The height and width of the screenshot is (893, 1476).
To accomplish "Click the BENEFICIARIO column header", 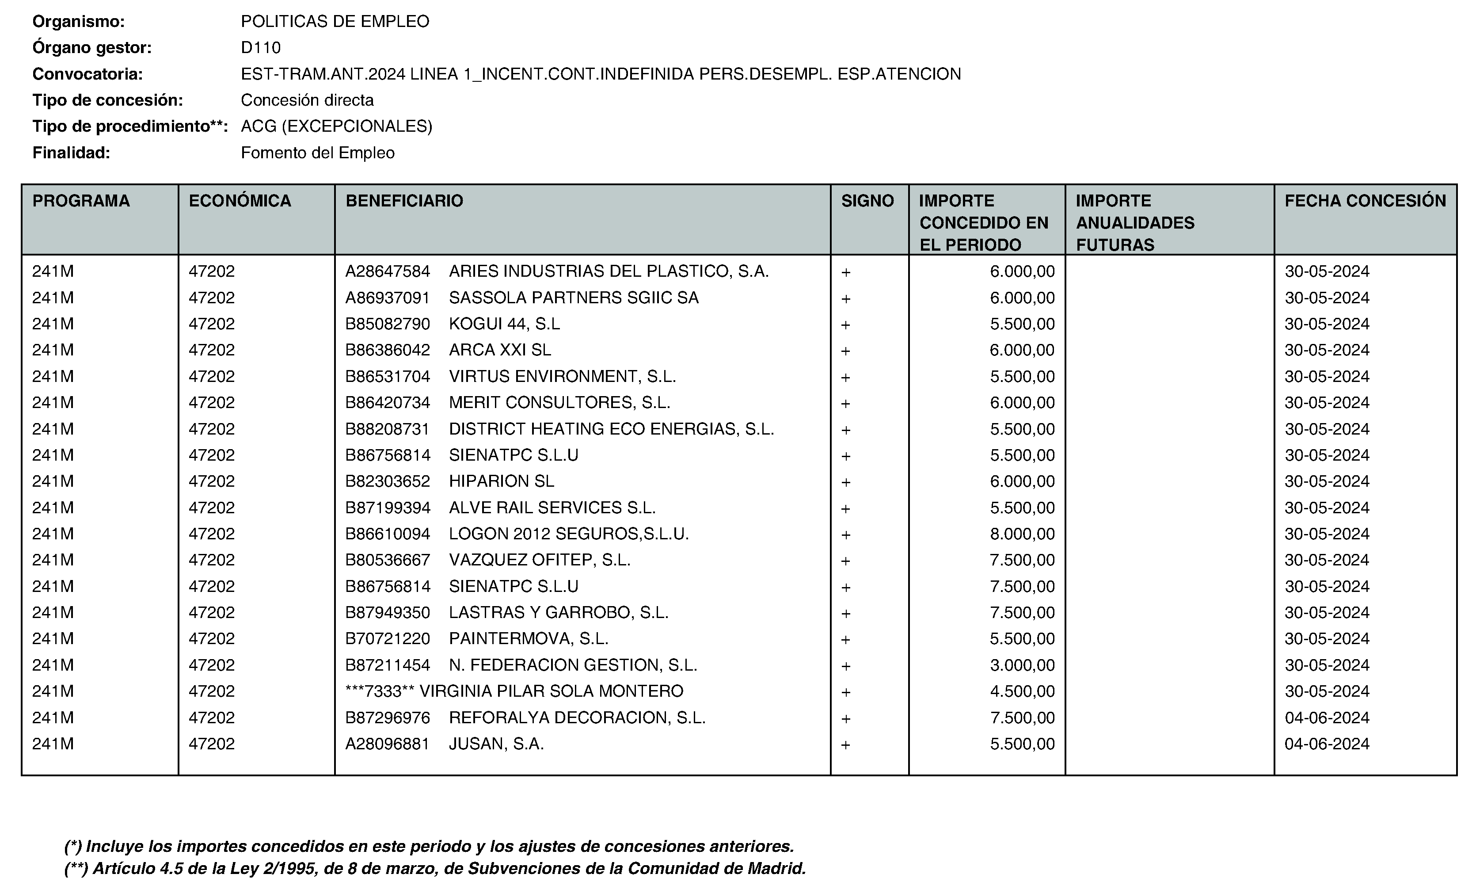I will pos(404,201).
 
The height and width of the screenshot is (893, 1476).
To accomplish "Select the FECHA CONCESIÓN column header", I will pos(1365,201).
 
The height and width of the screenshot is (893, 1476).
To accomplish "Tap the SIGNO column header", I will pos(867,201).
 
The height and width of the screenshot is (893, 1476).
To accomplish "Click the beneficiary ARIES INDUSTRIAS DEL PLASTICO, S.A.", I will pos(609,271).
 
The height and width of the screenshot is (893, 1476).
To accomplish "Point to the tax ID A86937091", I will pos(388,298).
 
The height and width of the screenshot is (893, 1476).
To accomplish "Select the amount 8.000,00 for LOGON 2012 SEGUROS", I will pos(1022,534).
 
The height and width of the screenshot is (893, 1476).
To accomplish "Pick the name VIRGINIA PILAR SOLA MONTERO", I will pos(551,691).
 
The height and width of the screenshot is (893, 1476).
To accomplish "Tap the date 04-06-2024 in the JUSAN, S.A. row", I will pos(1327,744).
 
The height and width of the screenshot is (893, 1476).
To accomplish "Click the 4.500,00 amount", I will pos(1022,691).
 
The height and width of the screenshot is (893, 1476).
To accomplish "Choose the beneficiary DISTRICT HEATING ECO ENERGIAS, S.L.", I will pos(611,429).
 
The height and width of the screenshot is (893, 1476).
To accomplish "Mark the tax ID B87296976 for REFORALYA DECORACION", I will pos(388,717).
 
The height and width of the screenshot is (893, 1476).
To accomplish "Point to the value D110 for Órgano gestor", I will pos(261,47).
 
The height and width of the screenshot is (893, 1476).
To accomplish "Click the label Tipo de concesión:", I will pos(108,100).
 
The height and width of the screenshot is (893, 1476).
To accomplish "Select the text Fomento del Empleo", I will pos(317,153).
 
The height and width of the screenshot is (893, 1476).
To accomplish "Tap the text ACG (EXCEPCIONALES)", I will pos(336,126).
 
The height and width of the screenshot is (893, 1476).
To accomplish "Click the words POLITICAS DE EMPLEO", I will pos(335,22).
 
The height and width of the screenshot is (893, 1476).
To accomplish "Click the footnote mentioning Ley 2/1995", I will pos(435,868).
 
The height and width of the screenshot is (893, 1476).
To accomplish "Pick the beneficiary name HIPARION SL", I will pos(502,481).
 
